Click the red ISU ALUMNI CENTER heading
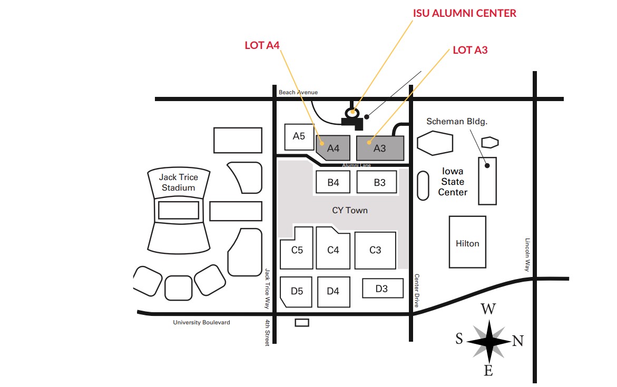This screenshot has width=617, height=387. pos(464,13)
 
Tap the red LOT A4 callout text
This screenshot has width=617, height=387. pos(262,46)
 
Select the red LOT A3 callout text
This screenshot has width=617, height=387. pos(470,51)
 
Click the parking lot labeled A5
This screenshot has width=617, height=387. pos(299,137)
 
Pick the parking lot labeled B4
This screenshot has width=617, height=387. pos(333,182)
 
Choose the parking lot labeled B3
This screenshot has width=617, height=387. pos(377,182)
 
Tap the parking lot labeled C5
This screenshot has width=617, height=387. pos(297,248)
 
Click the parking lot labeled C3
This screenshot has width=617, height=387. pos(375,250)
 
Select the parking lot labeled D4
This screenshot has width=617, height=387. pos(334,291)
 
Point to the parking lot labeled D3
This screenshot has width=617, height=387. pos(383,289)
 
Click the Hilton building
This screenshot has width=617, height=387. pos(467,242)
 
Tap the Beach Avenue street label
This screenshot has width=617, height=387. pos(298,93)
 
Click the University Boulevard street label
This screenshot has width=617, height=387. pos(201,322)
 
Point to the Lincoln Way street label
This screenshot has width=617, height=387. pos(527,255)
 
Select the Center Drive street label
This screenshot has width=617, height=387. pos(417,291)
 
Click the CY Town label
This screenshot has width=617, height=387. pos(350,211)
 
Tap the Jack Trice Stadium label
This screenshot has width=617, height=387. pos(178,183)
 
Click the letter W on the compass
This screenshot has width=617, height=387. pos(488,309)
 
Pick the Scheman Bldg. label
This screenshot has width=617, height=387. pos(457,122)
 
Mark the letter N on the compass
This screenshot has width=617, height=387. pos(518,341)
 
